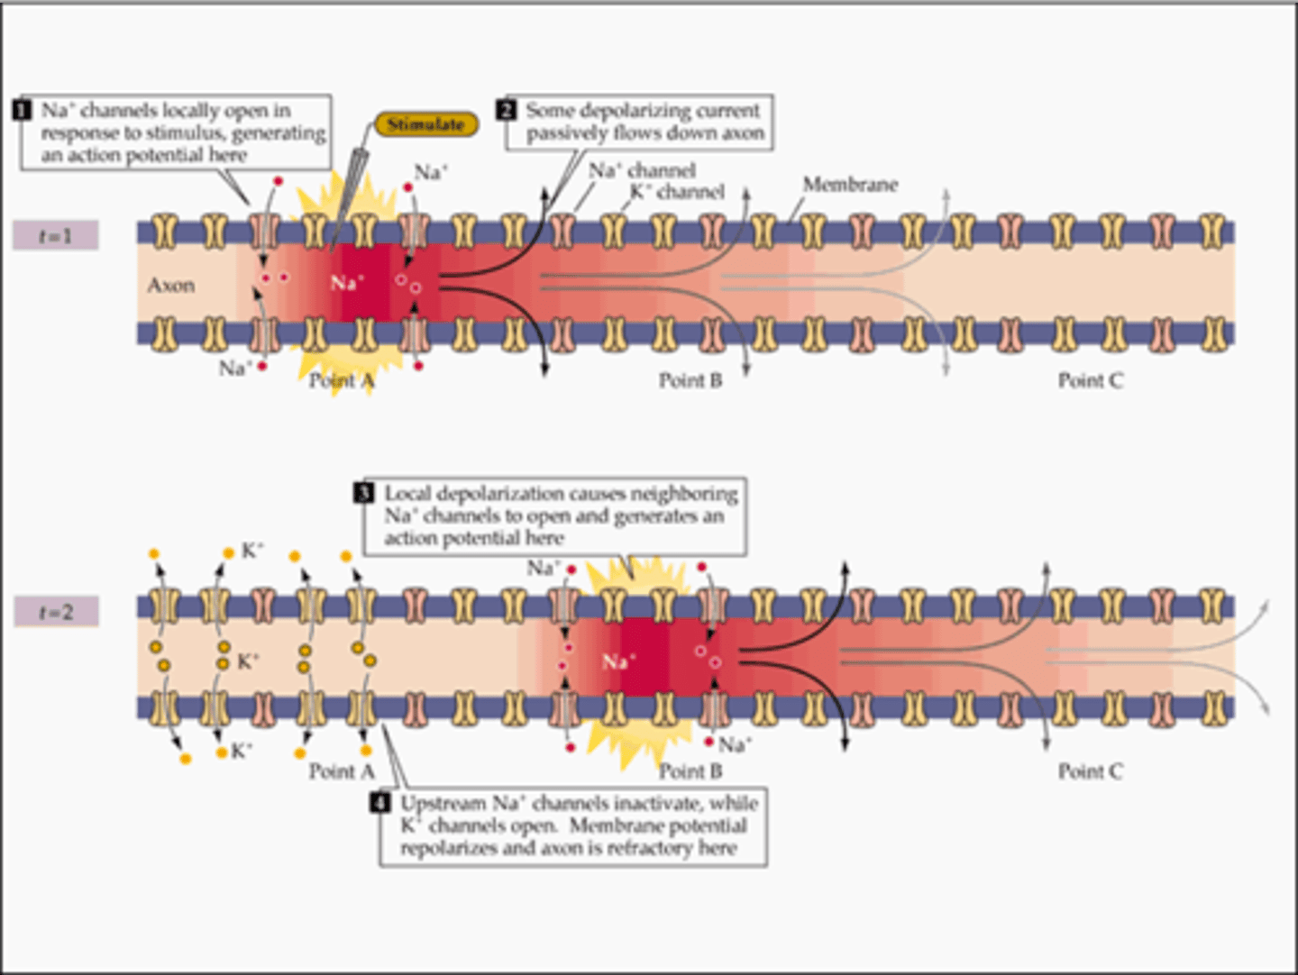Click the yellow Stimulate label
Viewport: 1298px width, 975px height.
click(425, 124)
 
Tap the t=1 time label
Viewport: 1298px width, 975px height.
click(55, 236)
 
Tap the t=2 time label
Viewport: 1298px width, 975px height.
click(55, 613)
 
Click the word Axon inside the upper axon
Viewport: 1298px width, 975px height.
click(170, 286)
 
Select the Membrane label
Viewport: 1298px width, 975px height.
click(850, 185)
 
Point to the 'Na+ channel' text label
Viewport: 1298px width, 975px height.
click(642, 170)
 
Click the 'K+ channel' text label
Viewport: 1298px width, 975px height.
click(677, 192)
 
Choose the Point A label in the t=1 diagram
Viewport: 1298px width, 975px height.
click(342, 381)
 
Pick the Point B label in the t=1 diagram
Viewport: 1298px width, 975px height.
click(690, 381)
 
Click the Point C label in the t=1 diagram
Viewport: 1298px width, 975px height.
click(1091, 381)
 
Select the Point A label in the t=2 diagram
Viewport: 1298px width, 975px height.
click(342, 771)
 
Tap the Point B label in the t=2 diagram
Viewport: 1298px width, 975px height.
click(690, 771)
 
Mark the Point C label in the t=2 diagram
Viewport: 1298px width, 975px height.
click(1091, 771)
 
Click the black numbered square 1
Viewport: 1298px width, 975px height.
click(23, 110)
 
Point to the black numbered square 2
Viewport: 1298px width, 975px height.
click(507, 110)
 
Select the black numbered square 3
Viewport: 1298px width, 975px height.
click(364, 493)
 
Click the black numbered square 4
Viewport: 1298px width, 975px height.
click(380, 803)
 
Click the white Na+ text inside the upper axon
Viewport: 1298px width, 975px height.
click(346, 283)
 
